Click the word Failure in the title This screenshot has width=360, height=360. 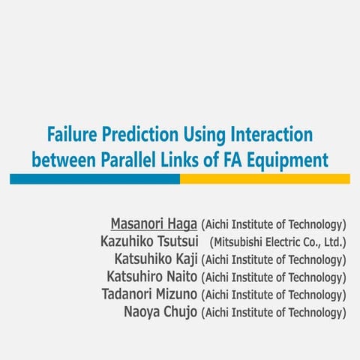[x=71, y=136]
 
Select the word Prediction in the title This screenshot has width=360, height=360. [x=137, y=136]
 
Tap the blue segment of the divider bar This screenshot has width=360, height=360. [x=94, y=178]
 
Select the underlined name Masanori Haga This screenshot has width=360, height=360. [x=154, y=223]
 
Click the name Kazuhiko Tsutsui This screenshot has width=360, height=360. [x=148, y=241]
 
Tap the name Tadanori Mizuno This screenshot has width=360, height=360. [x=150, y=294]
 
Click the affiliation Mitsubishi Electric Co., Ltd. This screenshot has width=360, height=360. [x=278, y=241]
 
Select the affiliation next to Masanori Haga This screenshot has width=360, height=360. [x=274, y=224]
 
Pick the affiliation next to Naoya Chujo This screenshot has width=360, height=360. [x=274, y=312]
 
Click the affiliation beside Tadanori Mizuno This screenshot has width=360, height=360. [x=274, y=295]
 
